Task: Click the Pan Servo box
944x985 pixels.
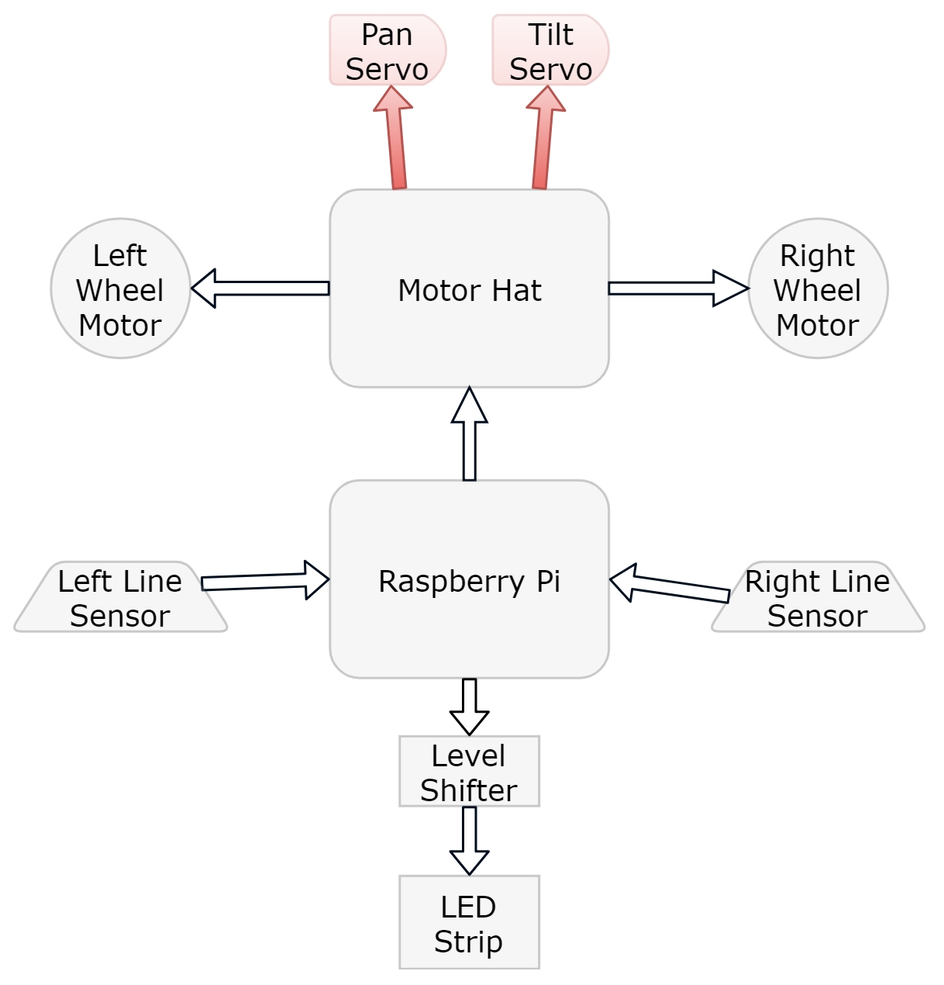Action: (388, 50)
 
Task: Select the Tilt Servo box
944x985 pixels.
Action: (550, 50)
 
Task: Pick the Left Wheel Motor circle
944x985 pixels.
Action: (120, 289)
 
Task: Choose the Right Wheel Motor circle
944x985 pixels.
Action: (818, 289)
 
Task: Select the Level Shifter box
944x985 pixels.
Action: (469, 772)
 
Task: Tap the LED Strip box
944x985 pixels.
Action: (469, 923)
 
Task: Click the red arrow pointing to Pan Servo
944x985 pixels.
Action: (396, 140)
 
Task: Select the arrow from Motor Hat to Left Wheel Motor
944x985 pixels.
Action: (260, 289)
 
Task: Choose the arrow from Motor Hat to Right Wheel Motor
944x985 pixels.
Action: (678, 289)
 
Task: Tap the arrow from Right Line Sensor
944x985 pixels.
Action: (670, 586)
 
